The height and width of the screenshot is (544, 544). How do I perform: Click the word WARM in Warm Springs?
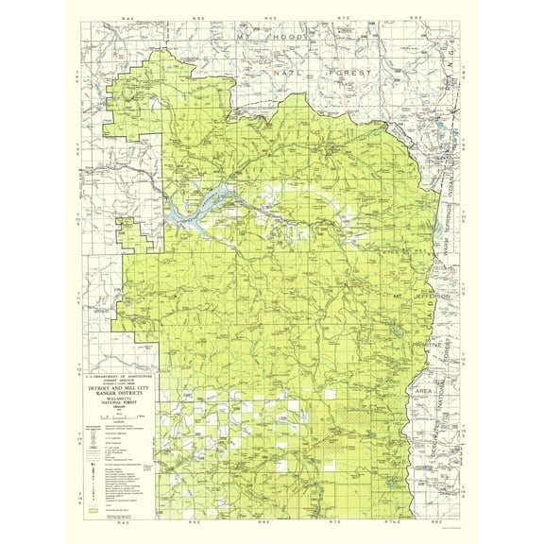(435, 244)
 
